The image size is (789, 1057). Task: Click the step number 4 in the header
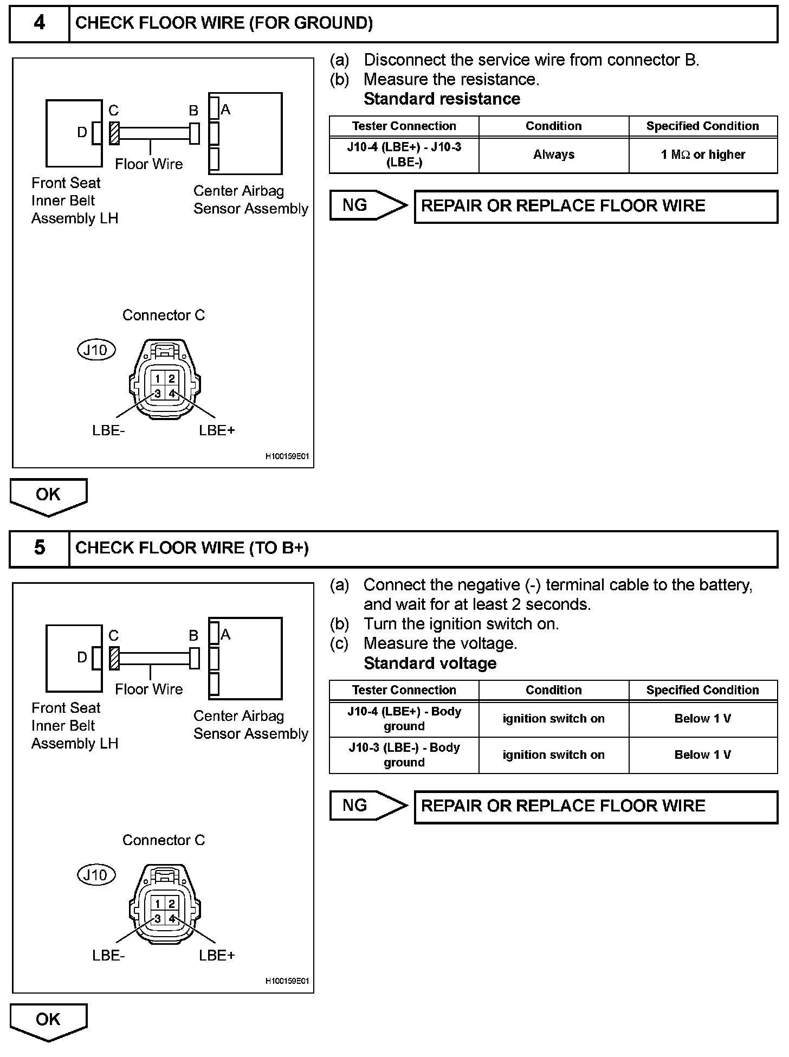point(40,23)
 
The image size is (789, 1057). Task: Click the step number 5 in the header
point(40,547)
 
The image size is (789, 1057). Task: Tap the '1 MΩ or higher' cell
point(703,154)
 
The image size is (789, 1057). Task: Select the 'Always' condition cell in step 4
point(553,154)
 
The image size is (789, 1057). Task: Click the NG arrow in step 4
point(368,205)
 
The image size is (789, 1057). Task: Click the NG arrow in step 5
point(368,805)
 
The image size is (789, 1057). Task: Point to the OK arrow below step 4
point(48,495)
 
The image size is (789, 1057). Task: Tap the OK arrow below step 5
point(48,1020)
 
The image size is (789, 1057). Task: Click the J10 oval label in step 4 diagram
point(96,350)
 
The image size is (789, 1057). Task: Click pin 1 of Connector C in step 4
point(158,379)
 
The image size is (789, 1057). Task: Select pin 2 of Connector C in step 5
point(172,904)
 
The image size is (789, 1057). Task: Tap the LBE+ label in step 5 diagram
point(217,955)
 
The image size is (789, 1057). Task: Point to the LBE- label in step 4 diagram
point(108,430)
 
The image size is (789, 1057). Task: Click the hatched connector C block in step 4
point(114,133)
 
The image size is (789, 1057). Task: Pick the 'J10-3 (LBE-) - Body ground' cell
point(404,755)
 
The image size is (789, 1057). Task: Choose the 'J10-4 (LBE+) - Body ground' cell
point(404,719)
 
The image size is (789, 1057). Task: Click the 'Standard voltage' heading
point(430,663)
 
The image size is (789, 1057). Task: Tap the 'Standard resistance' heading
point(442,99)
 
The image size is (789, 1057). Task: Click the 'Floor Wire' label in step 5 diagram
point(149,689)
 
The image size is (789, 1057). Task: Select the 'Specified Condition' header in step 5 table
point(702,690)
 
